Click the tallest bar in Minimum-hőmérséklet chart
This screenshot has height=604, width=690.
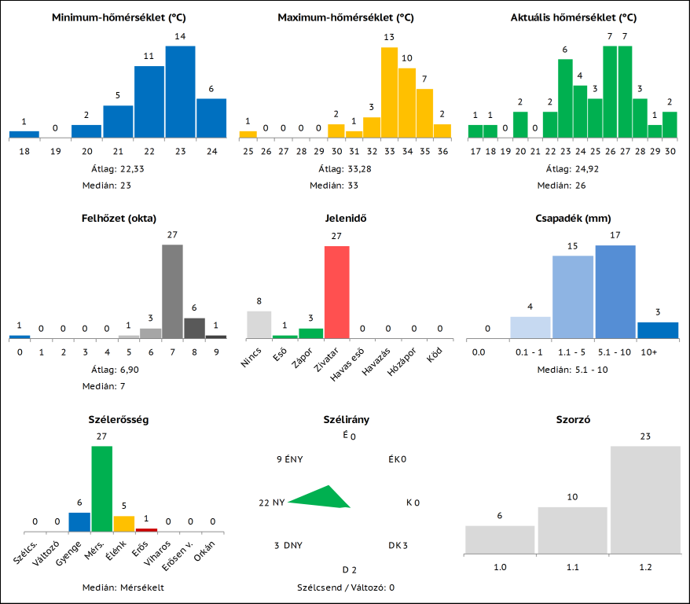(180, 92)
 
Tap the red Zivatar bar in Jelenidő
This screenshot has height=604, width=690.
(337, 292)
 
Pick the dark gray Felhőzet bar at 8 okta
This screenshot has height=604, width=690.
(194, 328)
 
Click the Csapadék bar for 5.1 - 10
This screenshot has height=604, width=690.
(615, 292)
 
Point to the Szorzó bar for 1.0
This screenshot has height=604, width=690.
(500, 540)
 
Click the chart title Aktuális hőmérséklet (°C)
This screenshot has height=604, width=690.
(573, 17)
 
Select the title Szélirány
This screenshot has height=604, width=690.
(347, 420)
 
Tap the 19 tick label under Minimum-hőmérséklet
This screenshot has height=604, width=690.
(55, 152)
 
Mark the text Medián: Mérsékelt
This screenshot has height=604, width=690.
(123, 587)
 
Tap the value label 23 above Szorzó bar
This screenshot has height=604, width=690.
(645, 436)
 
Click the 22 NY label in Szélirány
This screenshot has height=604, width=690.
(271, 503)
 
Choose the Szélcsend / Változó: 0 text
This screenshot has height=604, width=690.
(346, 587)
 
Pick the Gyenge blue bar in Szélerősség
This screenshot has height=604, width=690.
(79, 522)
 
